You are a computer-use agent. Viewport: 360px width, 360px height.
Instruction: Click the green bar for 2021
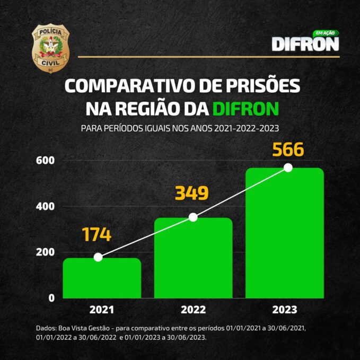click(x=102, y=278)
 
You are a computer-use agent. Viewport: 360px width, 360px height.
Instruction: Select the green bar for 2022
click(x=193, y=258)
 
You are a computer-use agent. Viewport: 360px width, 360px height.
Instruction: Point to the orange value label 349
click(x=191, y=194)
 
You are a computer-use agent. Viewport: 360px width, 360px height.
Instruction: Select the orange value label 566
click(x=288, y=150)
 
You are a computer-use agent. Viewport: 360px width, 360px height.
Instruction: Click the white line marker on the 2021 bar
click(x=98, y=257)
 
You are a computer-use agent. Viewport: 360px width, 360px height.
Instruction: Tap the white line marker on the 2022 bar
click(x=193, y=217)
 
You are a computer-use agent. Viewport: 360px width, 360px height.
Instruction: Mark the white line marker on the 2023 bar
click(x=288, y=168)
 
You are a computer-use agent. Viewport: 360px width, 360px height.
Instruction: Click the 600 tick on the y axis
click(x=45, y=160)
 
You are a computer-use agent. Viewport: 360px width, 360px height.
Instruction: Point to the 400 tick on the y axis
click(x=45, y=206)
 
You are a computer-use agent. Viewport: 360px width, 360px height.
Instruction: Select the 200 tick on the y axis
click(x=45, y=252)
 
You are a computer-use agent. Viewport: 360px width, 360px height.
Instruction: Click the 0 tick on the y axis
click(x=51, y=298)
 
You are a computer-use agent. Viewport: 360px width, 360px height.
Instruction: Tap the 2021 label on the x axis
click(x=102, y=310)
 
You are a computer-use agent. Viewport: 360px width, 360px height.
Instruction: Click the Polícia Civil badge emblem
click(x=51, y=48)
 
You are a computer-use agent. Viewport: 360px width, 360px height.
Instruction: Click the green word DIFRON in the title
click(x=245, y=109)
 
